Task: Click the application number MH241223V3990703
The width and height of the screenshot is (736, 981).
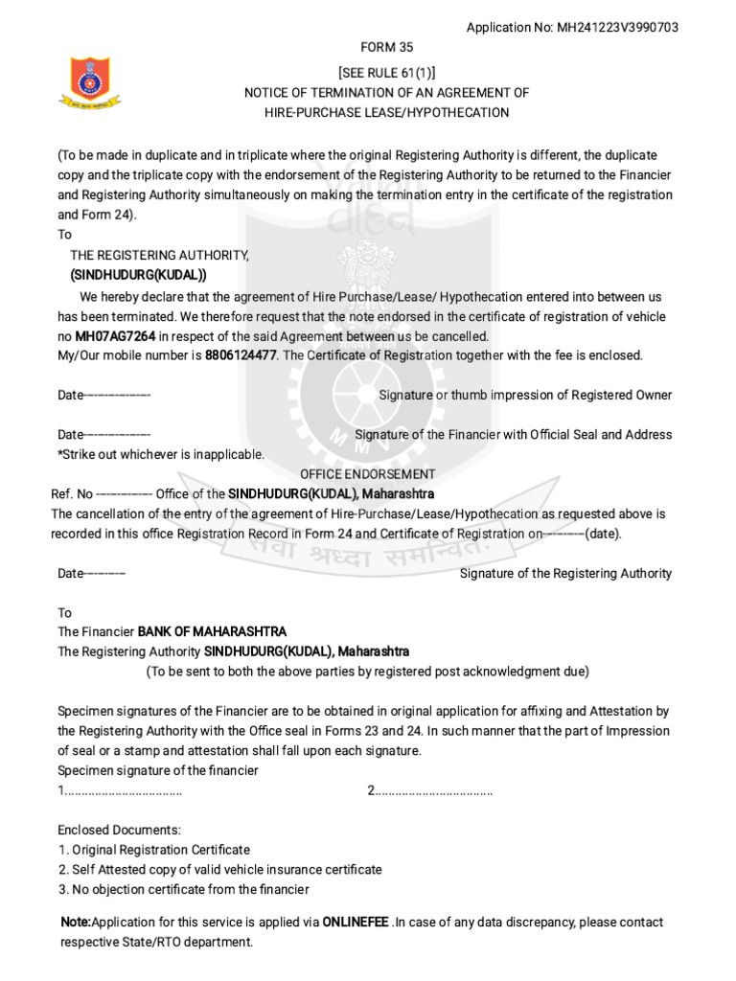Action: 617,28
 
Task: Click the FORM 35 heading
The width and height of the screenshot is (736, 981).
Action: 387,47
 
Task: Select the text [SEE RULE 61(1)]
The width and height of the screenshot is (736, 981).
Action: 387,73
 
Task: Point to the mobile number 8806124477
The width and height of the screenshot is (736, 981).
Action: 241,355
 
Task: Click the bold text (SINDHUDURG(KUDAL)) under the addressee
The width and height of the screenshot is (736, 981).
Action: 138,275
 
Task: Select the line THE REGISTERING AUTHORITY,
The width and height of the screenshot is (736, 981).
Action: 160,256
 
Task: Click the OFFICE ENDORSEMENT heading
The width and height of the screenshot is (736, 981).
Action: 368,474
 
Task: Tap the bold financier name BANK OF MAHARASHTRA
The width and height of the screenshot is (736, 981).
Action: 212,632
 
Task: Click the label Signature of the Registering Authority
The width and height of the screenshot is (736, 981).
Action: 565,574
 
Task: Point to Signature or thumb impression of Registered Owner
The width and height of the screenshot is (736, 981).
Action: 525,396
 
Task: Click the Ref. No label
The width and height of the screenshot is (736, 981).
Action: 72,494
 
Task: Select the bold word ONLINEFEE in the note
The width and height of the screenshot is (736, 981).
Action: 356,923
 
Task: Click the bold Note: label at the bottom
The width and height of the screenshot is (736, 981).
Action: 76,923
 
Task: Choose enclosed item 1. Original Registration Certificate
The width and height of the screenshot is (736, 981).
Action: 154,850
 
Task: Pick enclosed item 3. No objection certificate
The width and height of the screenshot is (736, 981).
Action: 183,890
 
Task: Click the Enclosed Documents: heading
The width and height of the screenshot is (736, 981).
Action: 119,830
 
